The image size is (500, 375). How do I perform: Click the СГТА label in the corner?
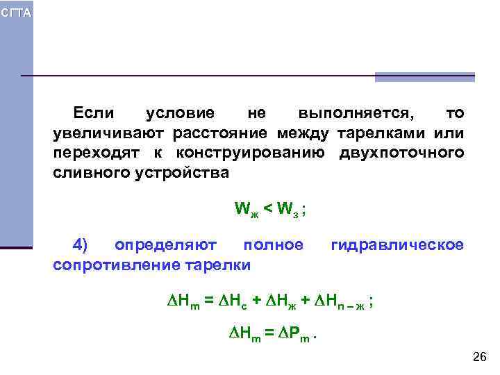(x=15, y=14)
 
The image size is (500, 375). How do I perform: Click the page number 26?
(x=479, y=357)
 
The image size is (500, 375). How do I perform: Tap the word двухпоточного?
(x=401, y=152)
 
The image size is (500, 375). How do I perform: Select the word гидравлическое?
(x=397, y=245)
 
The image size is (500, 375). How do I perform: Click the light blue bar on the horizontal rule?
(x=424, y=77)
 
